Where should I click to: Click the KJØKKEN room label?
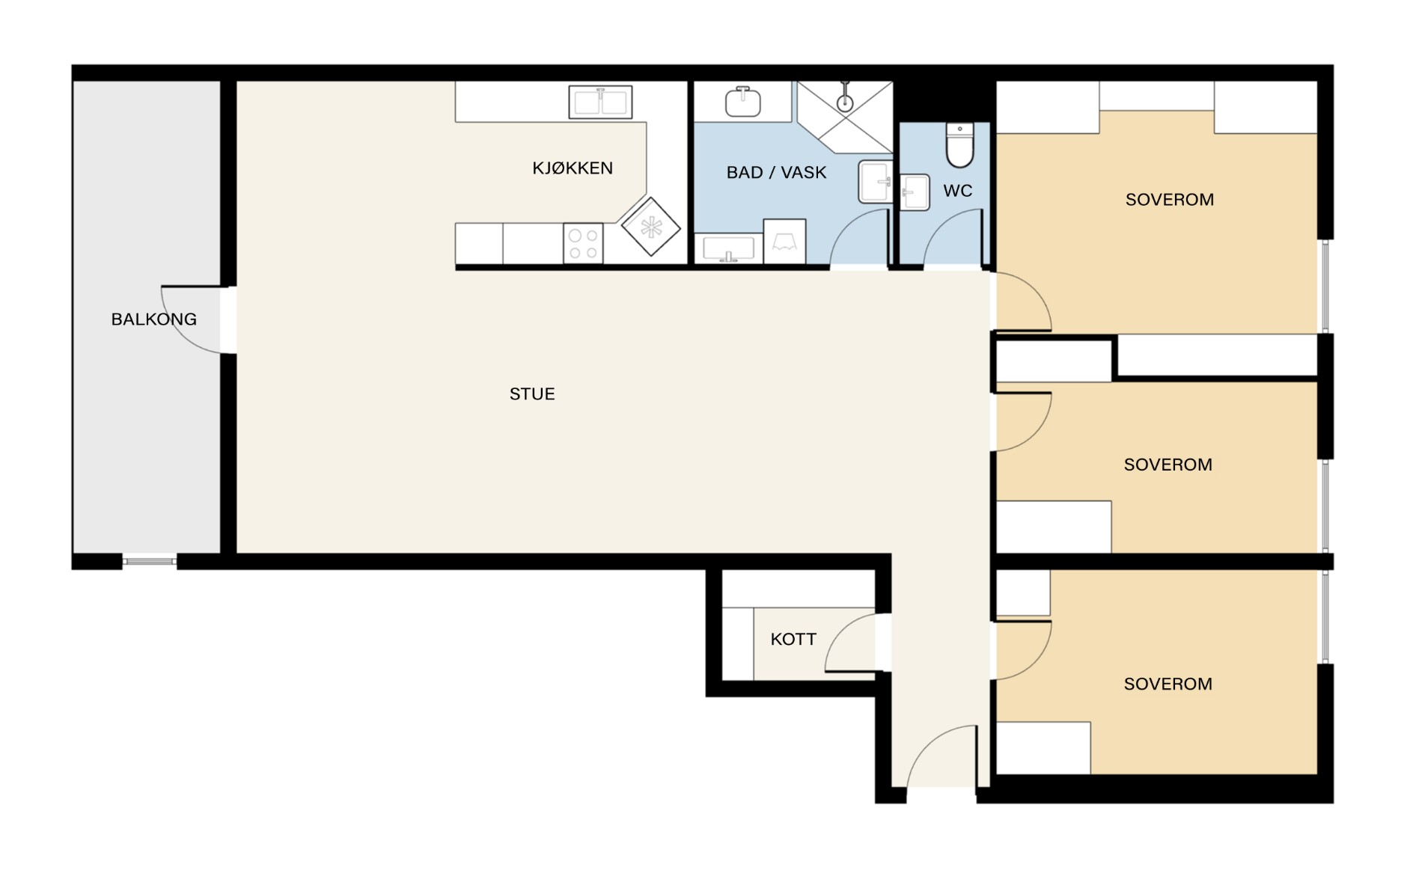[573, 168]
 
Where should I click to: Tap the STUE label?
[532, 394]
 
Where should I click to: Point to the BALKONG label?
[154, 319]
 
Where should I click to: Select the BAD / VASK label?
[776, 173]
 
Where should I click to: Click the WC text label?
[958, 191]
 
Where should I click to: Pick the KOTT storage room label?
[793, 639]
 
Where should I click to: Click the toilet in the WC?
[959, 145]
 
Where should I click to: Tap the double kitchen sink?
[600, 102]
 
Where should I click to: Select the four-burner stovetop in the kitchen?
[583, 244]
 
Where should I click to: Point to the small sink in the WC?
[914, 192]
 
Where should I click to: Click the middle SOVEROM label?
[1168, 465]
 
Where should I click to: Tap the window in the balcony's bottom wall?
[150, 561]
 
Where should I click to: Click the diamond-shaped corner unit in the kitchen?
[650, 227]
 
